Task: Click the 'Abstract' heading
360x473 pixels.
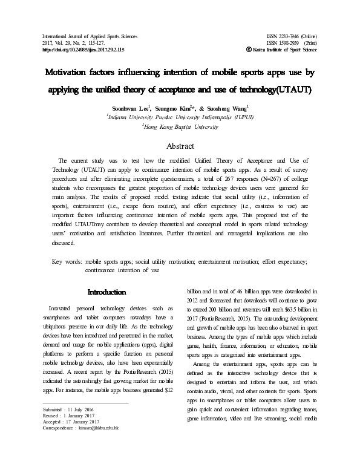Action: [x=180, y=146]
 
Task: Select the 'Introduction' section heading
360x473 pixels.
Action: [x=106, y=292]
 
